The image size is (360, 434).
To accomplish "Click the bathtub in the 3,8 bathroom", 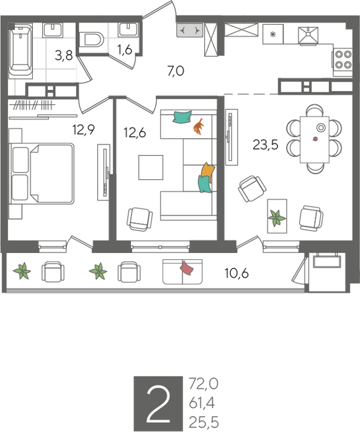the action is point(21,50).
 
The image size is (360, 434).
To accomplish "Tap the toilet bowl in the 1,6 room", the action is point(91,39).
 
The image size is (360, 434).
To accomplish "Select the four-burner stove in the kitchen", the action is point(343,60).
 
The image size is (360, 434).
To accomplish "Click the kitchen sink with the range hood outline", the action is point(308,35).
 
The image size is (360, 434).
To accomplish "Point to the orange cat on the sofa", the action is point(199,126).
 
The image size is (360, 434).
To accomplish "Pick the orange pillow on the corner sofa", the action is point(208,172).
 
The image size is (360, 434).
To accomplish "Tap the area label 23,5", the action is point(265,144).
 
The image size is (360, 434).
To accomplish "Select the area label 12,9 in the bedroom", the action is point(84,129).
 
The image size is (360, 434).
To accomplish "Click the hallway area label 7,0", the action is point(176,71).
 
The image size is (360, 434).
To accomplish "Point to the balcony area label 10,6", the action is point(236,273).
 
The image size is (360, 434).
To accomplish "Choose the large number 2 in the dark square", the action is point(158,404).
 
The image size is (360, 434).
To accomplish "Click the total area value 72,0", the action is point(204,384).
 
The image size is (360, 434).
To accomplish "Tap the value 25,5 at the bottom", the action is point(204,422).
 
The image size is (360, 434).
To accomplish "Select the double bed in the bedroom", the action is point(42,174).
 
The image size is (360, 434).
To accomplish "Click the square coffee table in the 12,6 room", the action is point(151,167).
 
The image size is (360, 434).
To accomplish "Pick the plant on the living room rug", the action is point(277,218).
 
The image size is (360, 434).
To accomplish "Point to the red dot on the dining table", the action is point(315,139).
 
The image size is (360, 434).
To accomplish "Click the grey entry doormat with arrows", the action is point(190,30).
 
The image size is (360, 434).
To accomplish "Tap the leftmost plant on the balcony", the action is point(22,271).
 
